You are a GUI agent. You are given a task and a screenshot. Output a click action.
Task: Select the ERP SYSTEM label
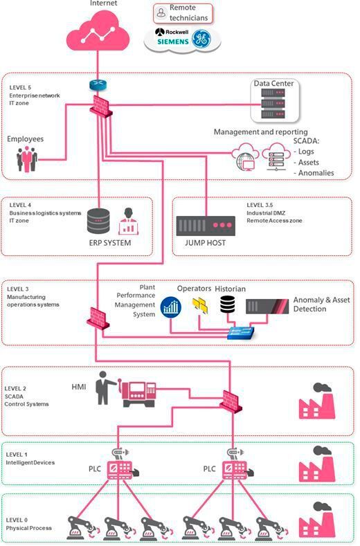(x=110, y=243)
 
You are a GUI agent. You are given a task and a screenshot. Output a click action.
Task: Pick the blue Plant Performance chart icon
(x=170, y=307)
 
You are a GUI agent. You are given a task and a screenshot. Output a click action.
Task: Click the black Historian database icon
(x=227, y=305)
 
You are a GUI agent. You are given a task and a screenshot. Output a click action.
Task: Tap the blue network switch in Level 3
(x=242, y=334)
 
